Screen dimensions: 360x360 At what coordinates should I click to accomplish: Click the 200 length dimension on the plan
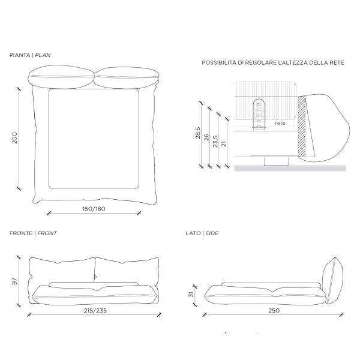coord(14,138)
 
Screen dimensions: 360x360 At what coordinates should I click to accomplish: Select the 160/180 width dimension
coord(94,209)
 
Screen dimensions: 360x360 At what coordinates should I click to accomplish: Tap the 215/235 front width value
coord(95,310)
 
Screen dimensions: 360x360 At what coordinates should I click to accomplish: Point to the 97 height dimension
coord(14,281)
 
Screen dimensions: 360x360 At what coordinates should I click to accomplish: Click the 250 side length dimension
coord(274,310)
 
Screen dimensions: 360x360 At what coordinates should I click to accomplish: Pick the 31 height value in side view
coord(191,294)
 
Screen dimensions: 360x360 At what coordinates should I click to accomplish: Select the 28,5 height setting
coord(198,133)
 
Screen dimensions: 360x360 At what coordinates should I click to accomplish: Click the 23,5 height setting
coord(215,141)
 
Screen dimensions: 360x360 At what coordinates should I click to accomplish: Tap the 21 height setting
coord(224,144)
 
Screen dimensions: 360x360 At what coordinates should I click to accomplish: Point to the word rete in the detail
coord(280,123)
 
